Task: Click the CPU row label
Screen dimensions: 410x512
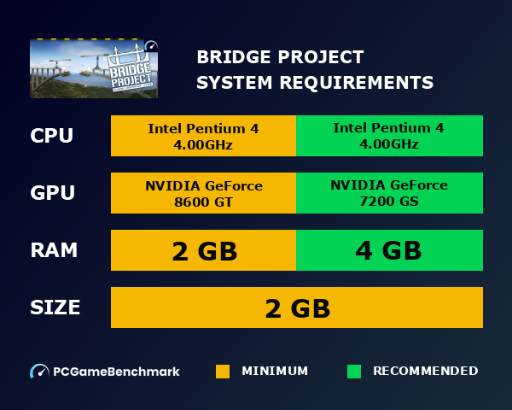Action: [52, 136]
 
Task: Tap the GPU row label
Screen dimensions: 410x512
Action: [52, 193]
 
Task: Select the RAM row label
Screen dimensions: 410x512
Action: [54, 250]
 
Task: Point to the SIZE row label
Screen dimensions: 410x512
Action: [55, 307]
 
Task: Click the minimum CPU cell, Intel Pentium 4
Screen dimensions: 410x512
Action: [203, 136]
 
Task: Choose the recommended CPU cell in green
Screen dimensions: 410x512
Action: [389, 136]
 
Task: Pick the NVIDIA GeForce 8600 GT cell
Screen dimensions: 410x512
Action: [203, 193]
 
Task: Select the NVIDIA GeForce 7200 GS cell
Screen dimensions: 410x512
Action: [389, 193]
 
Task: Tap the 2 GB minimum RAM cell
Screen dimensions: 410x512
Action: [203, 250]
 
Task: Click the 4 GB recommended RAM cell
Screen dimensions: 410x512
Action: [389, 250]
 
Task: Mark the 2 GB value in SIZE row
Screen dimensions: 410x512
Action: [297, 307]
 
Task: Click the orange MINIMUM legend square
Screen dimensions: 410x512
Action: [223, 372]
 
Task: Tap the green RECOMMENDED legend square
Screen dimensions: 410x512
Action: [354, 372]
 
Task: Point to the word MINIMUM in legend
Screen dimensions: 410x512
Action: [275, 372]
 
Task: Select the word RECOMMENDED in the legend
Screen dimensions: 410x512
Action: [426, 372]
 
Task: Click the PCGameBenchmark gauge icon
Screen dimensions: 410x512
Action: [39, 372]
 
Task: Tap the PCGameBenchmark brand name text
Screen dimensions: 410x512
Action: [116, 372]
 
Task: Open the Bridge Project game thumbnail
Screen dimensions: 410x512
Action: [94, 68]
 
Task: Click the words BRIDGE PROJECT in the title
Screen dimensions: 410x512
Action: [280, 57]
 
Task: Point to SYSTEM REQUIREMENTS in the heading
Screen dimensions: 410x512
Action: [315, 83]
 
